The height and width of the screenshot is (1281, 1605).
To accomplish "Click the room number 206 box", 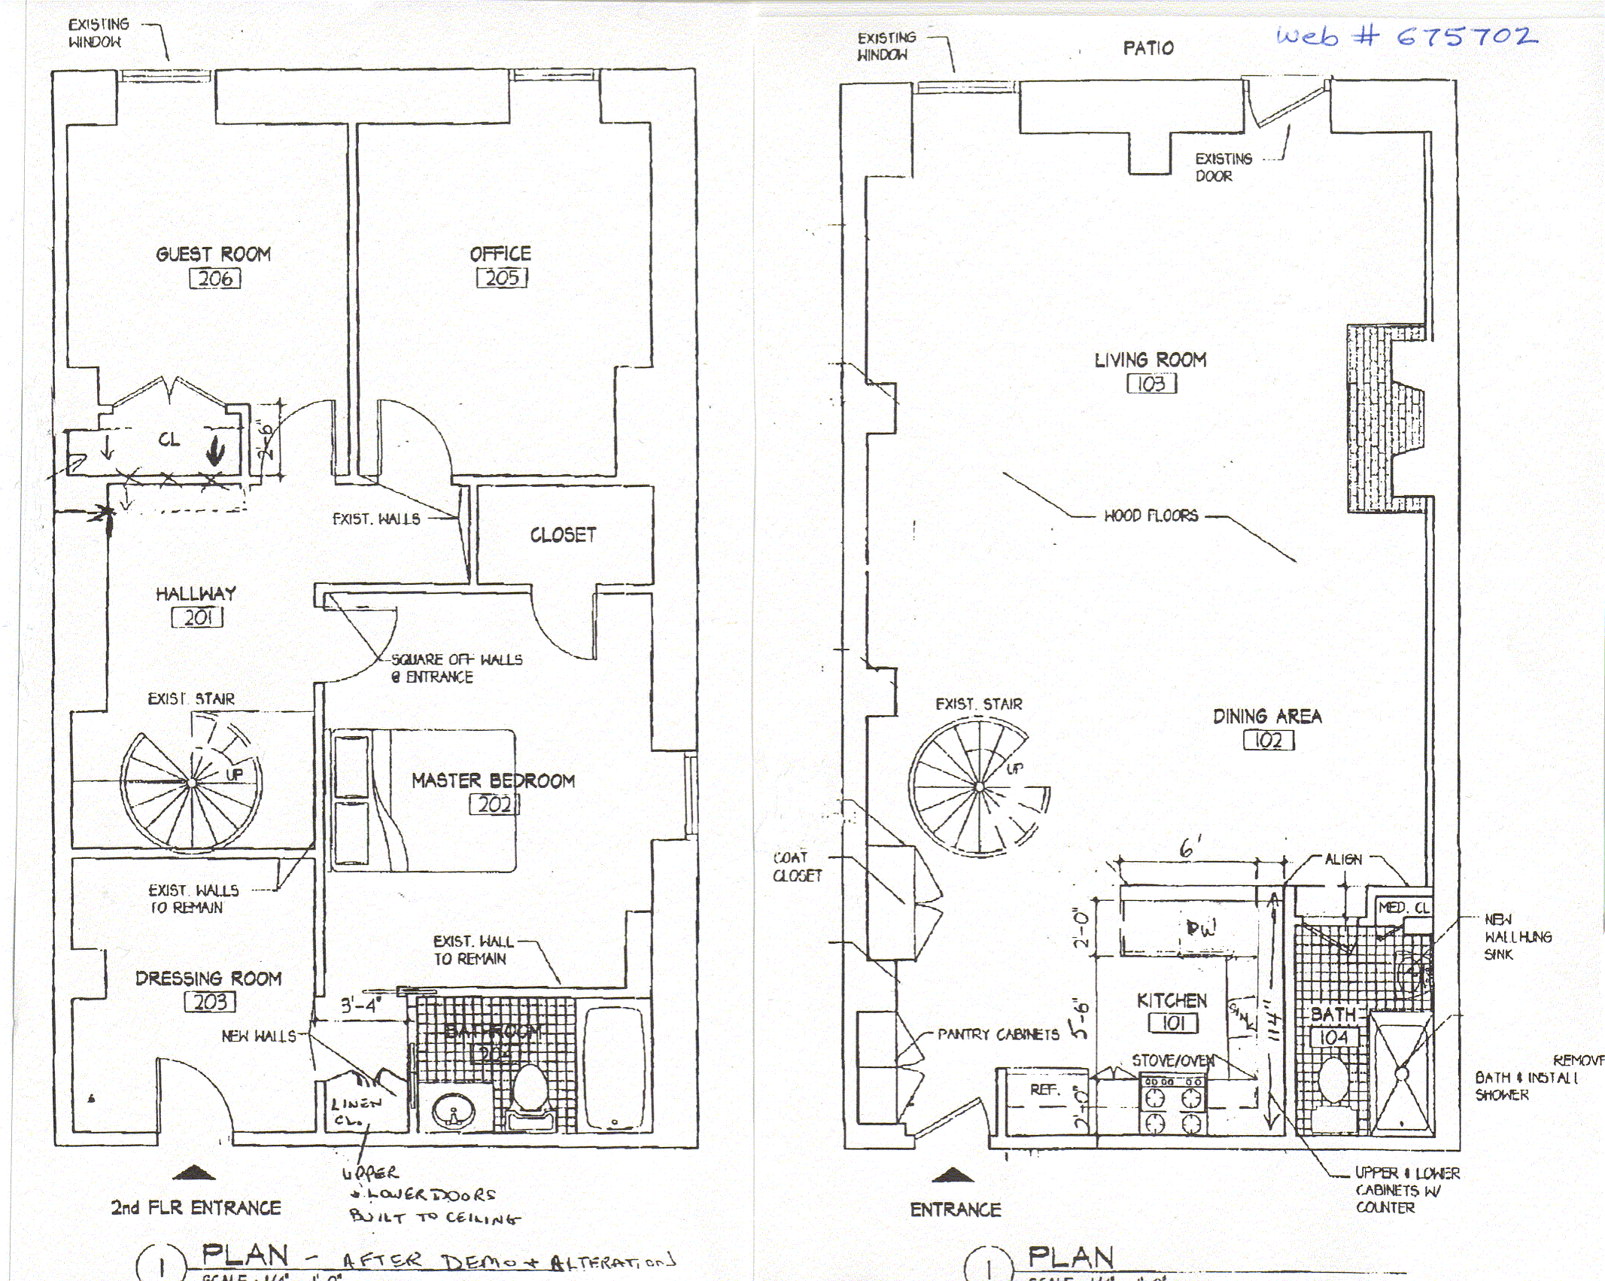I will point(215,278).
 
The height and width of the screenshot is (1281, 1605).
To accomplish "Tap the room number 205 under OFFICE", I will point(502,278).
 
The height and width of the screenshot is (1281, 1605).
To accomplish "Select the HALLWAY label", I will point(196,594).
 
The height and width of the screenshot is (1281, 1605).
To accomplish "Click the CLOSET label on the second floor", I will point(563,535).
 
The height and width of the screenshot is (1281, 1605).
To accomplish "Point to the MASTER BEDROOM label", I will point(493,781).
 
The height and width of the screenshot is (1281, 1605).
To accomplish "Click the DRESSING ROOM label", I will point(208,978).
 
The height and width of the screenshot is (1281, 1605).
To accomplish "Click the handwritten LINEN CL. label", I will point(355,1111).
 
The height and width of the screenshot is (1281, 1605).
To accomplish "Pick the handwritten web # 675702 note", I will point(1406,36).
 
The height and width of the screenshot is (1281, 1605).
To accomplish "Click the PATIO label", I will point(1148,48).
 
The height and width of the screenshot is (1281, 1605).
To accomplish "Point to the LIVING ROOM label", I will point(1151,361).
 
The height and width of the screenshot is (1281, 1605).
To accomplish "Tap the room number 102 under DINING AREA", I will point(1269,741).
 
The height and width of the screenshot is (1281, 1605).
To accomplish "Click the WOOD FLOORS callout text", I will point(1151,516).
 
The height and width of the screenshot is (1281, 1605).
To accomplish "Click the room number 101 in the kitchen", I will point(1173,1023).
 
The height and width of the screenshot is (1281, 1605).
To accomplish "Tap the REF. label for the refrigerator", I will point(1044,1090).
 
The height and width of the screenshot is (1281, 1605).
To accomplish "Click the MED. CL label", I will point(1403,908).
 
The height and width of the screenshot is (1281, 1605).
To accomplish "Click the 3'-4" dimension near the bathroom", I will point(362,1006).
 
